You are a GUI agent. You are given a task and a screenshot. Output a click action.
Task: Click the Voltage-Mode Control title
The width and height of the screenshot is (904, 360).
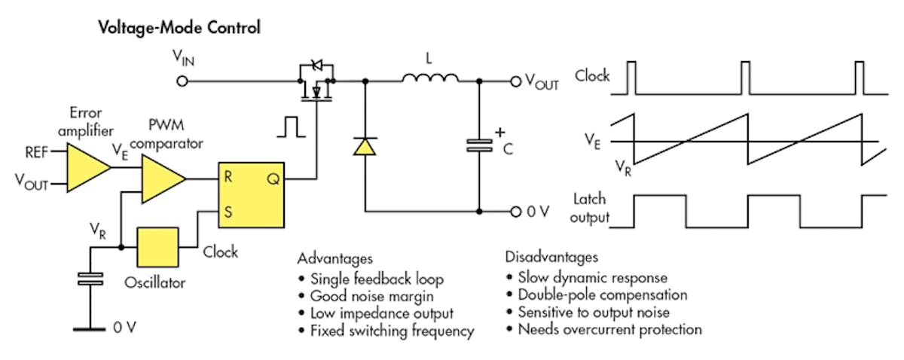[x=180, y=29]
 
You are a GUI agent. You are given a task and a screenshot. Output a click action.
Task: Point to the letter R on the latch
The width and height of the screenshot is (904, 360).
[x=227, y=178]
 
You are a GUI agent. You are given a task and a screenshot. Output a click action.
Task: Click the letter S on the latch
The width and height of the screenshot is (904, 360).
[x=227, y=212]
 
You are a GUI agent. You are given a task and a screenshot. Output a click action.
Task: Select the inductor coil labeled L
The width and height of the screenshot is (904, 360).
[x=430, y=78]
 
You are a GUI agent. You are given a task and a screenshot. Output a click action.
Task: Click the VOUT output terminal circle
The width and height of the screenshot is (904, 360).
[x=515, y=81]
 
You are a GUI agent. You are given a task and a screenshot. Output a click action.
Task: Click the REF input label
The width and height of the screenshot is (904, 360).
[x=35, y=152]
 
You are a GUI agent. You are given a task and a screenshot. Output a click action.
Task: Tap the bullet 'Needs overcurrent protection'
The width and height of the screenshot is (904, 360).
[x=609, y=329]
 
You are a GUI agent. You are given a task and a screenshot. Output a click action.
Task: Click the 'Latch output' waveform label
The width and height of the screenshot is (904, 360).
[x=591, y=210]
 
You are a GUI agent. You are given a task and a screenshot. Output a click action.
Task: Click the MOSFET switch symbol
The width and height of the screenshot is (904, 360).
[x=316, y=86]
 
